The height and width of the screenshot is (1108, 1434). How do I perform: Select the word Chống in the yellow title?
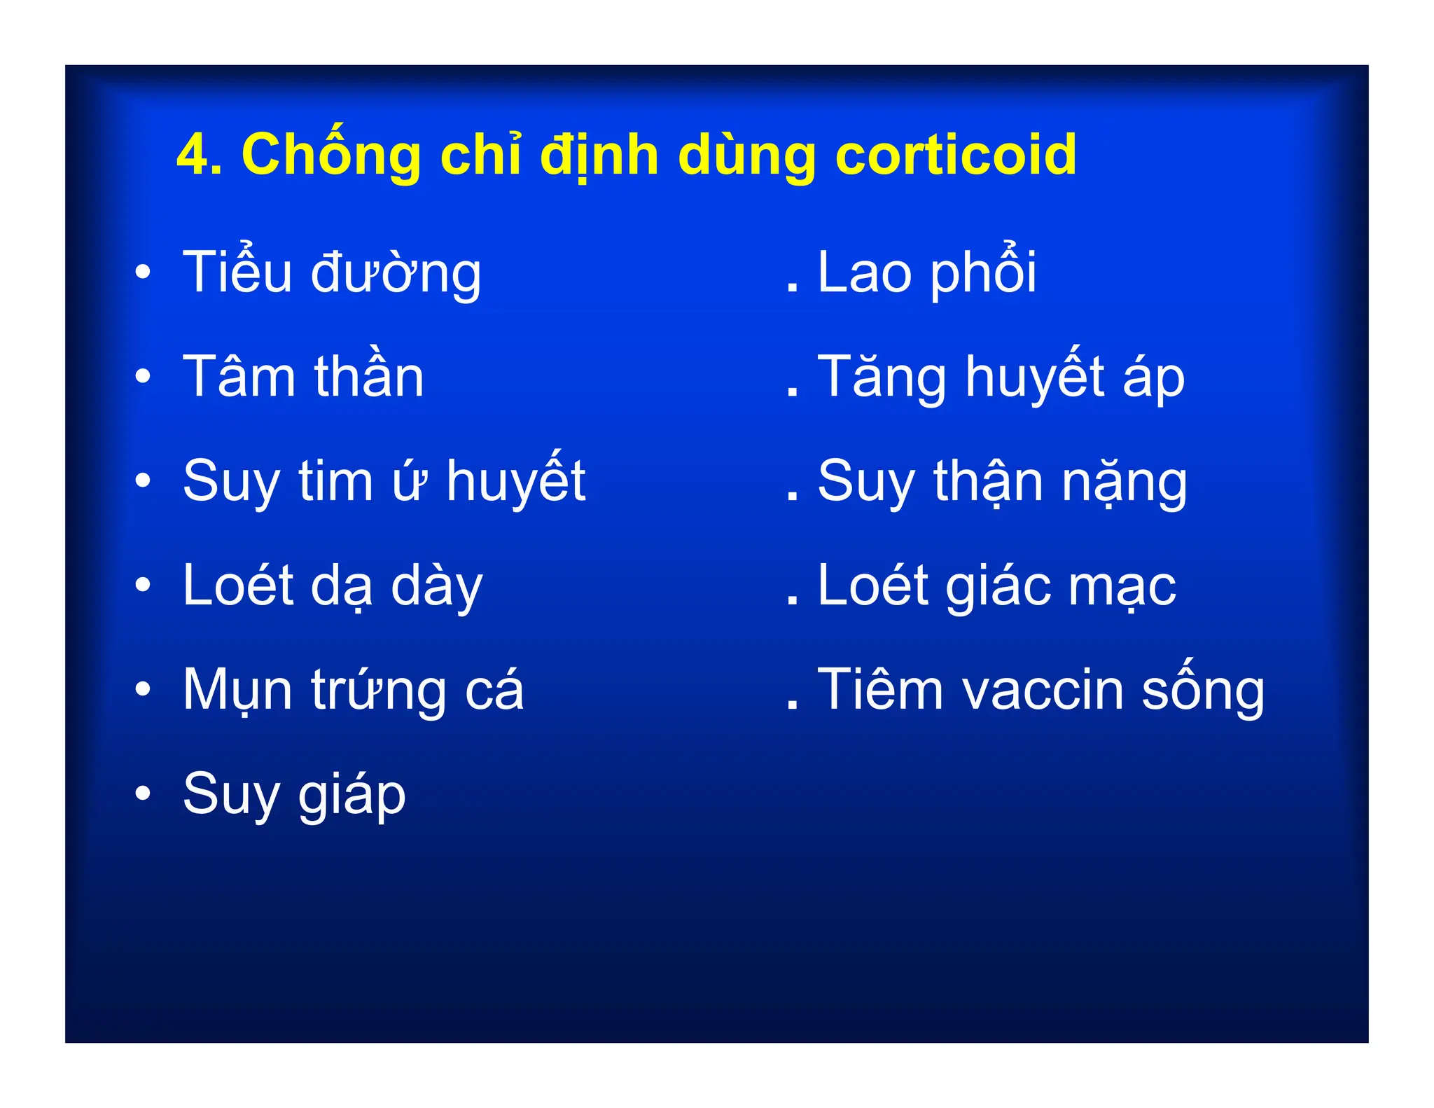point(331,155)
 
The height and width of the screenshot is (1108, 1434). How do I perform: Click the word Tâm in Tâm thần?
point(239,376)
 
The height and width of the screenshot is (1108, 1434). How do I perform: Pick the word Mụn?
point(237,691)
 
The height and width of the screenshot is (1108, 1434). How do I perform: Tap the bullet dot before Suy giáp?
point(143,794)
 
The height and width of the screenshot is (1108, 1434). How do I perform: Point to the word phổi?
point(984,273)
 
